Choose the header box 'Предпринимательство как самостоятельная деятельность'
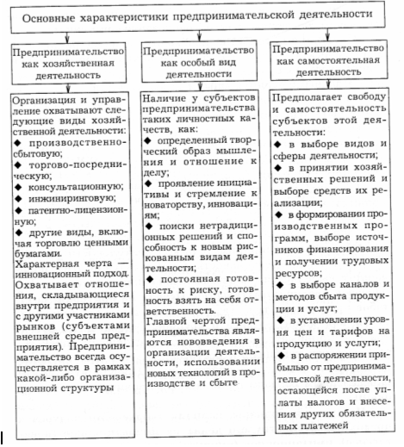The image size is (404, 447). [333, 61]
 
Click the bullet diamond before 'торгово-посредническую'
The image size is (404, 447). [16, 158]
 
